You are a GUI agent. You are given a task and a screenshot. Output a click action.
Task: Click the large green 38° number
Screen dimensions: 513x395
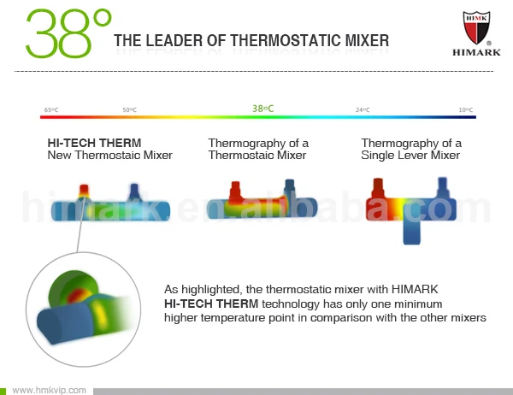click(68, 33)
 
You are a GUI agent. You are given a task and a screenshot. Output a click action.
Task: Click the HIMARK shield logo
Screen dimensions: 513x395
click(476, 27)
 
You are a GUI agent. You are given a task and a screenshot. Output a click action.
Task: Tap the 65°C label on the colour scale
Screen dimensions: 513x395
click(51, 110)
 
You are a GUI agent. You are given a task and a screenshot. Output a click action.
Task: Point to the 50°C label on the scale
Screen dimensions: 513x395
click(130, 110)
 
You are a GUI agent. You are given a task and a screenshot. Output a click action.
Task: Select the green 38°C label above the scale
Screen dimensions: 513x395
click(263, 109)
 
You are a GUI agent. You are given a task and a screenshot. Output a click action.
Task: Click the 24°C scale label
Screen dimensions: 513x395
click(363, 110)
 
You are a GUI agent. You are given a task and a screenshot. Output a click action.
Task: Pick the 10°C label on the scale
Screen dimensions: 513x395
click(466, 110)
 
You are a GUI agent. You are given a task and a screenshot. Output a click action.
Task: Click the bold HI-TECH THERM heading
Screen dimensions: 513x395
click(94, 143)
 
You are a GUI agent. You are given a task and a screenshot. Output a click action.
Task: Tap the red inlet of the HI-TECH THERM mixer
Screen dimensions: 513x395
click(84, 191)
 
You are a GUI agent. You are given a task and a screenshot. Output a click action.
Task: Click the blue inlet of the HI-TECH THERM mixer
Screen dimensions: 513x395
click(134, 192)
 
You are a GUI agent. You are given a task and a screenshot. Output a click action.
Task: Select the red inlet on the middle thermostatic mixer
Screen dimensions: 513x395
click(235, 192)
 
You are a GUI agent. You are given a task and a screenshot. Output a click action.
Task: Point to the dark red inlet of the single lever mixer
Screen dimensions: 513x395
click(378, 188)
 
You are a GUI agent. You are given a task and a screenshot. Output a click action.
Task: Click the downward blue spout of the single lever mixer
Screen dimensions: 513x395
click(411, 232)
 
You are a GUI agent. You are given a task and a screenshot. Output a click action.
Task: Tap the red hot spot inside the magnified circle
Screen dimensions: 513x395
click(76, 296)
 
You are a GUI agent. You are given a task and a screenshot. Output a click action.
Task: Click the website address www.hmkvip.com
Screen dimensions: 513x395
click(49, 390)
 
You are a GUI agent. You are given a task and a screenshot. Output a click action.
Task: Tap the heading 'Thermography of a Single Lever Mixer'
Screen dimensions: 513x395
click(411, 149)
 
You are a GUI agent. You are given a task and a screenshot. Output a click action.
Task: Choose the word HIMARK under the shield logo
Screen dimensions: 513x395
click(476, 52)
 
